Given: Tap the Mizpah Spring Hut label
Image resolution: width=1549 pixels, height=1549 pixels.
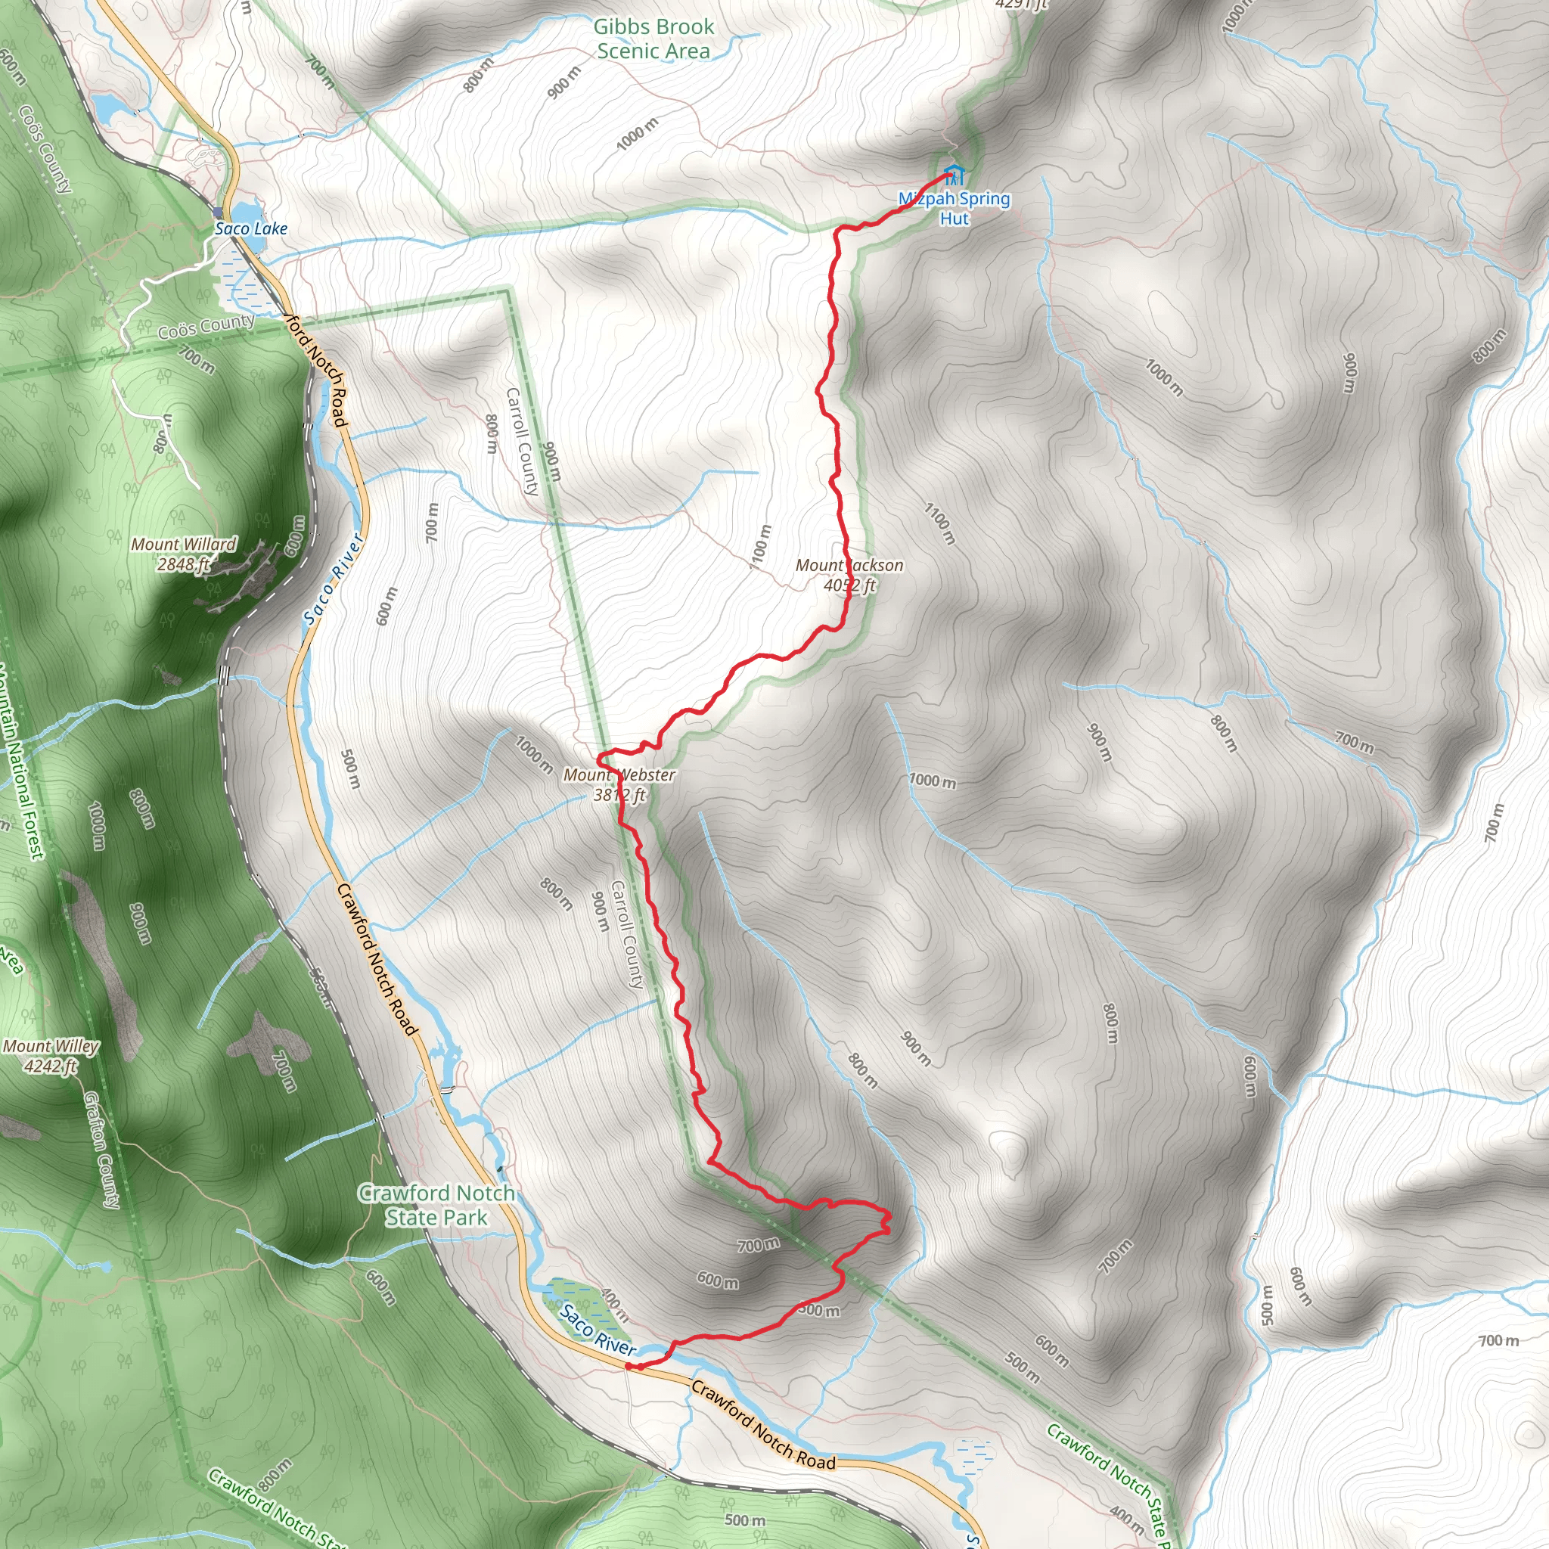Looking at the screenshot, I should click(954, 209).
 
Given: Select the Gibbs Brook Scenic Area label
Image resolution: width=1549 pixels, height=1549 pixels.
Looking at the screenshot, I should click(653, 39).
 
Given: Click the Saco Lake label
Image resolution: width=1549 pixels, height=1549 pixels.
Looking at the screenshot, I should click(251, 228).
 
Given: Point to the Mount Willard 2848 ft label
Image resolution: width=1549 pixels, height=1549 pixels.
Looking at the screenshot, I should click(184, 554).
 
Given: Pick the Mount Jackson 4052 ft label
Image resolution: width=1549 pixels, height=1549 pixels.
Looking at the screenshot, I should click(849, 575).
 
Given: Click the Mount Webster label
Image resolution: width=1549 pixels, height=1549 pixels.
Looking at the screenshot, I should click(619, 784).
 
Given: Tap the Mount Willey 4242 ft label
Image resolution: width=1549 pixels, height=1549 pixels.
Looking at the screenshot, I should click(51, 1056).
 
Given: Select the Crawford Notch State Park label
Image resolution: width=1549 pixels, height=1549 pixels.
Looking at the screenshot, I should click(436, 1205).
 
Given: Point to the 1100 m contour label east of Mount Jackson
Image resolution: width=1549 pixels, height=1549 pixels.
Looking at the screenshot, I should click(939, 523).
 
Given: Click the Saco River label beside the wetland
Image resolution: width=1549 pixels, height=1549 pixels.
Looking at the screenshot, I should click(598, 1330).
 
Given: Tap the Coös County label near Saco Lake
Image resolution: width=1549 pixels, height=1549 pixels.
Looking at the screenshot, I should click(206, 326).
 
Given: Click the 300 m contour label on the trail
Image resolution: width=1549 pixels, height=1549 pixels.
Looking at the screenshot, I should click(819, 1310).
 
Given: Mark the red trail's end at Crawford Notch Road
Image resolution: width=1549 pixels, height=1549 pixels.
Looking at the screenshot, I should click(629, 1366).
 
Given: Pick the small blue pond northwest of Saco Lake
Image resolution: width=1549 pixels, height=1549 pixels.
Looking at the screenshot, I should click(107, 107).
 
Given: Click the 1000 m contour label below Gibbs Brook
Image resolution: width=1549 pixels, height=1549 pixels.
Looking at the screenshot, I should click(638, 133).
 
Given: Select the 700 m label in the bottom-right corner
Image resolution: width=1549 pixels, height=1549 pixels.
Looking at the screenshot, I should click(1498, 1340).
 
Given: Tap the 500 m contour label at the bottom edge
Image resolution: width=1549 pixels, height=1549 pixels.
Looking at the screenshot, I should click(745, 1520).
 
